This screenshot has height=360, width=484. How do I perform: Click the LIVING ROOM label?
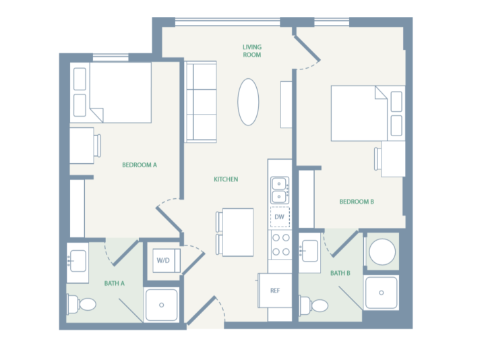pos(251,51)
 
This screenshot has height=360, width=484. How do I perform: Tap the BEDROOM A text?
pos(139,164)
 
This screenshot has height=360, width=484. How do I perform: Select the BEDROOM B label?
pos(356,202)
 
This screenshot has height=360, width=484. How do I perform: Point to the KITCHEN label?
pos(226,179)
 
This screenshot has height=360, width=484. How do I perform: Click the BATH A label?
pos(114,283)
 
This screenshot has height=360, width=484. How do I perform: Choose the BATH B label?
pos(340,273)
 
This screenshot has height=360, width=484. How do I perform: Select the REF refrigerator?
pos(276,291)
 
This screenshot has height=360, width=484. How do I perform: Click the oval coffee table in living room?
pos(248,102)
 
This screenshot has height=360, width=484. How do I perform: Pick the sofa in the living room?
pos(200,102)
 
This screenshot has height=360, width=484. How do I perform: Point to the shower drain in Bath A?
pos(162,305)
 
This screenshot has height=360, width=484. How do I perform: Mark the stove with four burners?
pos(280,245)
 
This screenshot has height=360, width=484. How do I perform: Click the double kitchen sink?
pos(280,189)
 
